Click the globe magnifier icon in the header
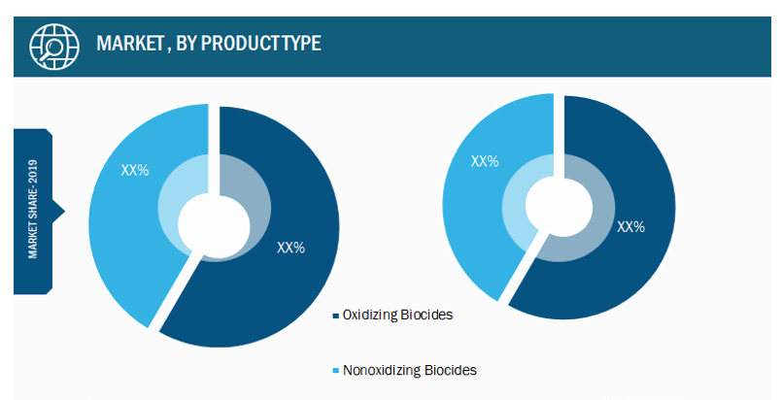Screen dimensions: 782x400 53,47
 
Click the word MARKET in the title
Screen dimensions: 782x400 130,44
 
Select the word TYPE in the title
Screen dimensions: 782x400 301,44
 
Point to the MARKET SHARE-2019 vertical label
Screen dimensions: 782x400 33,209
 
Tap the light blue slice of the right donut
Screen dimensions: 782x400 479,199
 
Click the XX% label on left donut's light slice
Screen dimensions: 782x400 135,170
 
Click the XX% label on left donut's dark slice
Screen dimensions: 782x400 290,248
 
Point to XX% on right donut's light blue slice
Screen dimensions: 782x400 485,161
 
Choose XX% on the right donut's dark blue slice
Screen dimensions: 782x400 630,227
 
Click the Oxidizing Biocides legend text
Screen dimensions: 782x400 398,315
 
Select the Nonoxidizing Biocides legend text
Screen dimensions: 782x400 409,370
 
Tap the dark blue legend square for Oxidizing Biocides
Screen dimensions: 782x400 336,316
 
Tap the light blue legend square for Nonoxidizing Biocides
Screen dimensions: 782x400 336,371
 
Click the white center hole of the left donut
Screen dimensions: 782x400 215,226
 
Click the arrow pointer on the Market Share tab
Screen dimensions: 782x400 58,212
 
